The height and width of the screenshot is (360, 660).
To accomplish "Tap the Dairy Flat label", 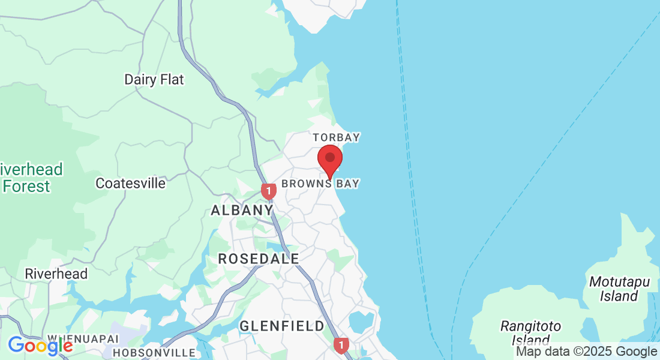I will (154, 80).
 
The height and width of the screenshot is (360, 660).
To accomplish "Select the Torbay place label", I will (336, 137).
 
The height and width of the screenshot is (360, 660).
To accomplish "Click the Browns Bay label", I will (320, 184).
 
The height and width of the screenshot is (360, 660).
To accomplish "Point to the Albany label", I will (242, 210).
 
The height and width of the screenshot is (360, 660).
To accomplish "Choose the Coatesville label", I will (131, 183).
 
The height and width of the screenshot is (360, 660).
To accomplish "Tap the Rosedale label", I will (259, 259).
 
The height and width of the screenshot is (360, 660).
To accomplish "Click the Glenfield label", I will (282, 326).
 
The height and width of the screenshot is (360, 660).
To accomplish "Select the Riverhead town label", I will (56, 274).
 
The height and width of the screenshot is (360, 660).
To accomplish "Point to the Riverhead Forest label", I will (30, 178).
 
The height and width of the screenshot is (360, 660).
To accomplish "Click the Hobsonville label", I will (154, 353).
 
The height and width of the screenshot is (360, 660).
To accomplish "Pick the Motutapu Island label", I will (613, 289).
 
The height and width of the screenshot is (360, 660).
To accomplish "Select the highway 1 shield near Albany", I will (269, 191).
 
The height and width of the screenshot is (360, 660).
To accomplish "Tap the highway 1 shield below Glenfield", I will (341, 345).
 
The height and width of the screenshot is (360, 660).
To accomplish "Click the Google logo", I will (40, 346).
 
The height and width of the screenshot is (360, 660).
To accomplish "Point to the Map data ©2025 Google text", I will (587, 352).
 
